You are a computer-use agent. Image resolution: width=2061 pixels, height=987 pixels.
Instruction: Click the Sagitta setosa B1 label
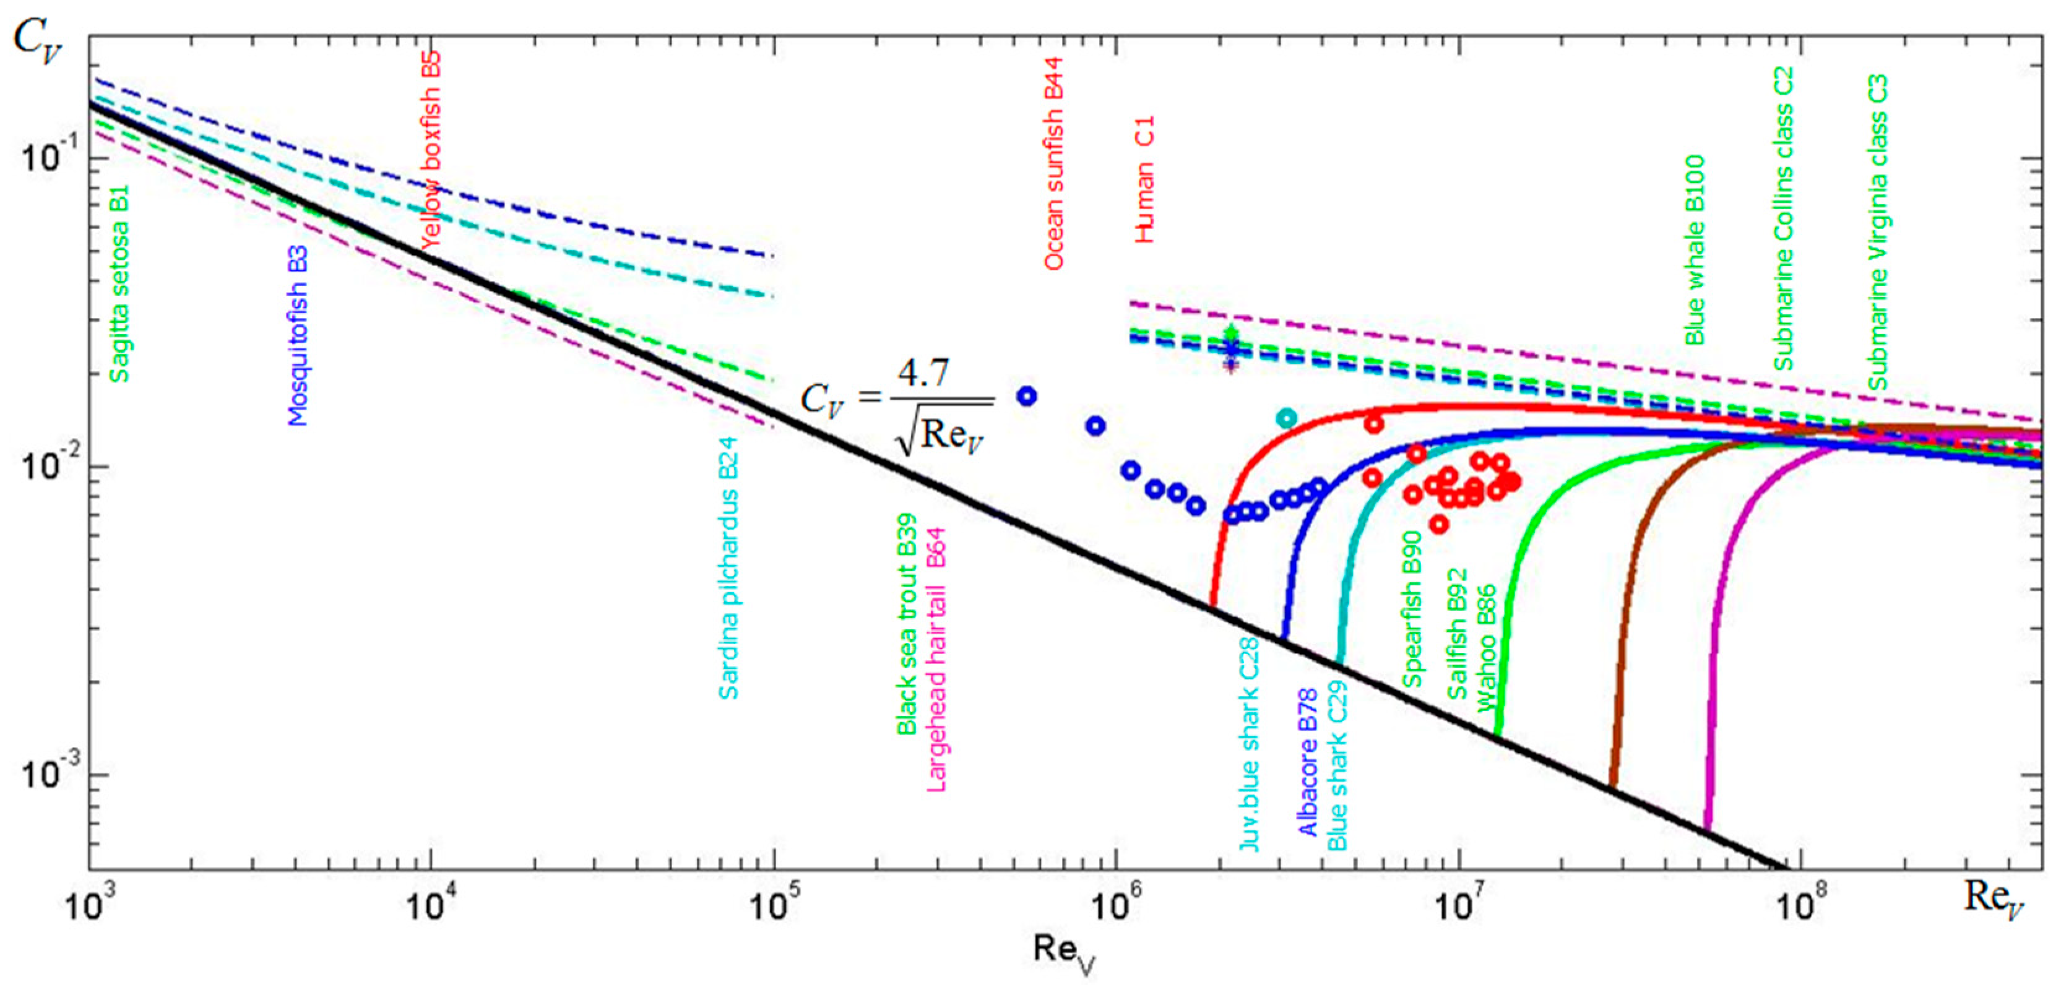tap(119, 284)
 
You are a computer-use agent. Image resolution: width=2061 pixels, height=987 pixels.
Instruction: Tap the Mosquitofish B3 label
tap(298, 336)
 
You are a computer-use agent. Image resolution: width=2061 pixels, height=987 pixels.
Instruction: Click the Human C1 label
tap(1145, 180)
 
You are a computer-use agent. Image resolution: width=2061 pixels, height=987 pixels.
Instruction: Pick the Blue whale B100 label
tap(1695, 249)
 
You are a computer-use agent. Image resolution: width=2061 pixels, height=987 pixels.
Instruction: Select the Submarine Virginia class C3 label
tap(1878, 232)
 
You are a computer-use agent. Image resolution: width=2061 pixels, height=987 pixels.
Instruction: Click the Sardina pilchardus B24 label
tap(728, 569)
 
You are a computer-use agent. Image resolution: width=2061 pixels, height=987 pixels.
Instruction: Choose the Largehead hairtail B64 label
tap(936, 660)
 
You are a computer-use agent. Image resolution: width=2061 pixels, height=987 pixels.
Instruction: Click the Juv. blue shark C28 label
tap(1249, 744)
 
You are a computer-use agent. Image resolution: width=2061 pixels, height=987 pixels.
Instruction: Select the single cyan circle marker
tap(1285, 418)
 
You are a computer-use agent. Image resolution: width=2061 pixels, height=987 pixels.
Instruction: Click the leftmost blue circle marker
tap(1027, 396)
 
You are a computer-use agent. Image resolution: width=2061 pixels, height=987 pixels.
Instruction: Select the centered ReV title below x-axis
tap(1063, 952)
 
